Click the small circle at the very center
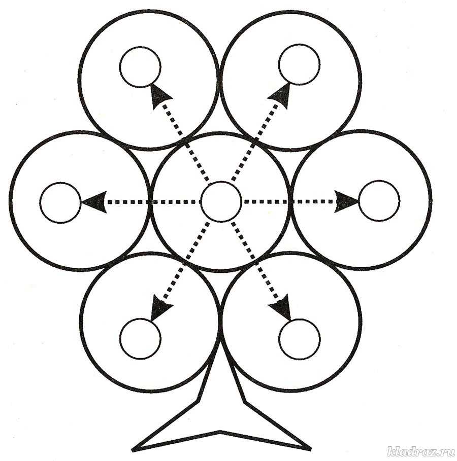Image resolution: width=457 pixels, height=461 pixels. pyautogui.click(x=220, y=201)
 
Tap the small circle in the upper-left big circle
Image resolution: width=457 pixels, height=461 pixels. pyautogui.click(x=141, y=66)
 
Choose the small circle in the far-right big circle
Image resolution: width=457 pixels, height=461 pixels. pyautogui.click(x=379, y=201)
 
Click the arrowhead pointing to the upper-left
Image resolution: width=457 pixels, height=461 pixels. pyautogui.click(x=160, y=95)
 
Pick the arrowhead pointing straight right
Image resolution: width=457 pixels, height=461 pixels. pyautogui.click(x=347, y=201)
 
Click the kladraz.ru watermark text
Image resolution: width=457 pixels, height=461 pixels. pyautogui.click(x=420, y=451)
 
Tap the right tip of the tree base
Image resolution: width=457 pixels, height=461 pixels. pyautogui.click(x=309, y=448)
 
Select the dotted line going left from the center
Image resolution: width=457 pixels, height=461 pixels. pyautogui.click(x=152, y=202)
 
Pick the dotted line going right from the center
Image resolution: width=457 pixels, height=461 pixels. pyautogui.click(x=289, y=201)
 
